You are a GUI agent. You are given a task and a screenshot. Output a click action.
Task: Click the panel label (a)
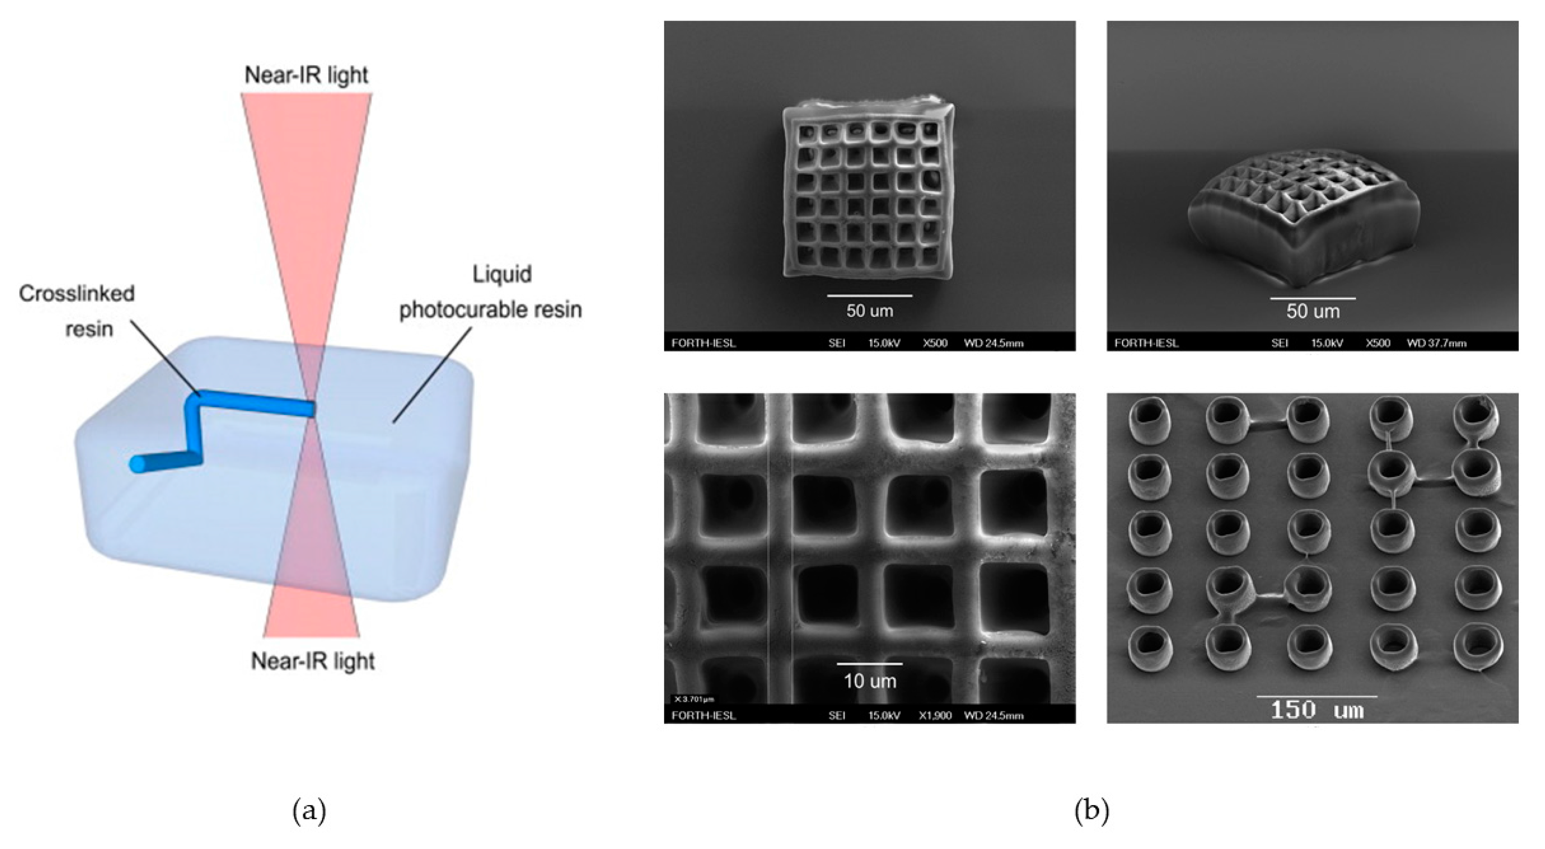(x=309, y=811)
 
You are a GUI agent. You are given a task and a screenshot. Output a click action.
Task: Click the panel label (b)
(x=1091, y=811)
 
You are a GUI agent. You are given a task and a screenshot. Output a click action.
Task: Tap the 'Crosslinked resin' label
(x=77, y=311)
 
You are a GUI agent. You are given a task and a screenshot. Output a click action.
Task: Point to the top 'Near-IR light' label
(x=306, y=75)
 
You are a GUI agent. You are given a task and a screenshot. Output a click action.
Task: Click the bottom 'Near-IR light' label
(x=313, y=661)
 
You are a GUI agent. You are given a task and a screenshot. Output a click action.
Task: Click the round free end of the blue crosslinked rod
(x=138, y=465)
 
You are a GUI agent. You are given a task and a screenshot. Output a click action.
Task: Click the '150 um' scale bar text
(x=1316, y=711)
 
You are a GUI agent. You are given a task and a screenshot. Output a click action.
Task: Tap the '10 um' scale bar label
(x=870, y=681)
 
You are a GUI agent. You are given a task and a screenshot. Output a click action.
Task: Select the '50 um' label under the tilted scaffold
(x=1313, y=311)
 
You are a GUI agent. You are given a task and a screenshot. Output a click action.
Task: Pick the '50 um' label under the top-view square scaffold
(x=870, y=311)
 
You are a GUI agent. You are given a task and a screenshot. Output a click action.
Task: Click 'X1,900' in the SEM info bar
(x=935, y=715)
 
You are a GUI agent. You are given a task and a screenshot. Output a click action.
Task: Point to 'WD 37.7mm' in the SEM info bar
(x=1436, y=343)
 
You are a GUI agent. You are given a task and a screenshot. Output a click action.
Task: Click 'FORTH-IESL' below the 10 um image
(x=703, y=715)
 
